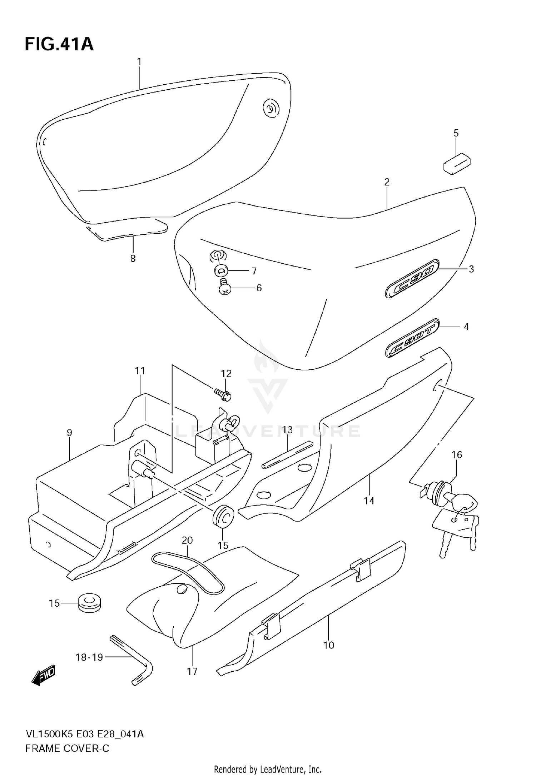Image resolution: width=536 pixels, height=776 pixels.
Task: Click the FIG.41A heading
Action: click(x=59, y=45)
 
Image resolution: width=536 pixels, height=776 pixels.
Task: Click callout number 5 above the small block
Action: click(x=456, y=133)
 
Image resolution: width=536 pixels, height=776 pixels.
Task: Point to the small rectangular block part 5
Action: click(x=457, y=164)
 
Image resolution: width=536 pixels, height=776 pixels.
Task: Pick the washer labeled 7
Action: click(x=220, y=271)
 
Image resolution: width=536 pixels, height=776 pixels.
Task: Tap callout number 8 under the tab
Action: click(x=133, y=258)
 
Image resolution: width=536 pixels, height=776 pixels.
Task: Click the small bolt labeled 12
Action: click(x=223, y=394)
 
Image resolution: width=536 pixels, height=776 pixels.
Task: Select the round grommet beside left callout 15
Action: click(x=89, y=603)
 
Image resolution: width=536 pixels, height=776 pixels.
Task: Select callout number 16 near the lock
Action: click(x=457, y=455)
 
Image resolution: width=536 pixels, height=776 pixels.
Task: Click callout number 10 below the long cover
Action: click(x=329, y=645)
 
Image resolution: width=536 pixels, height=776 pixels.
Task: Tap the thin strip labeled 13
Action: click(x=288, y=454)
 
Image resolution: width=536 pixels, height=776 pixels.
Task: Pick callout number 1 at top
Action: click(x=139, y=62)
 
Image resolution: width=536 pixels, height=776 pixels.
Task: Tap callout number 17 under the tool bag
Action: click(x=192, y=672)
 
